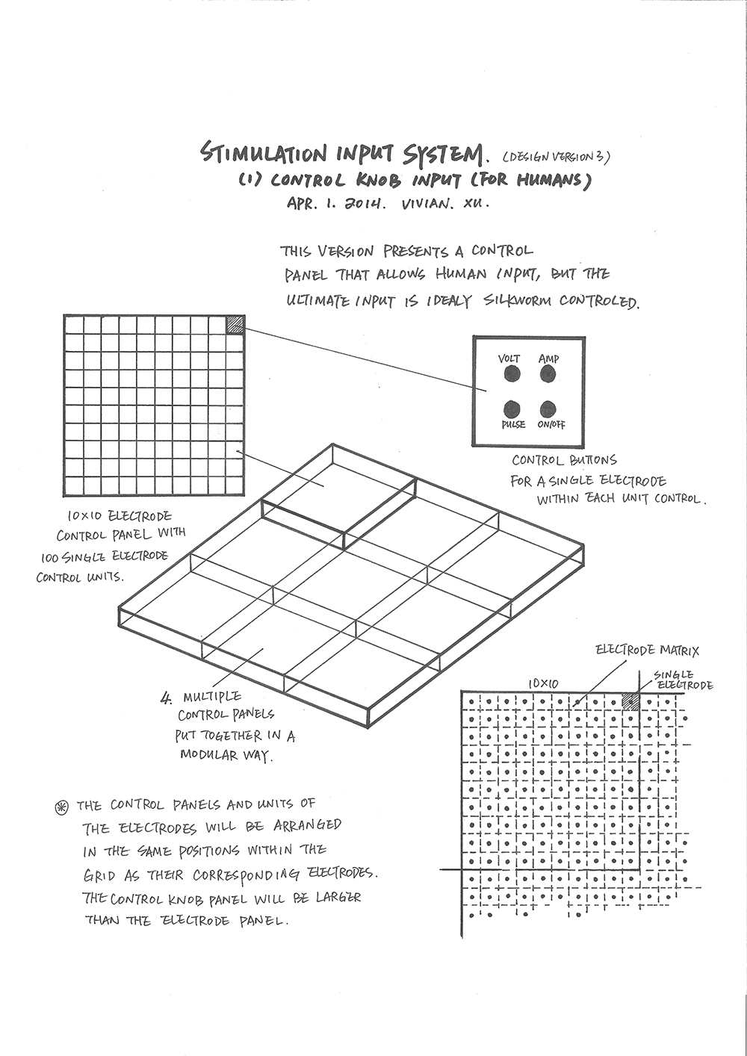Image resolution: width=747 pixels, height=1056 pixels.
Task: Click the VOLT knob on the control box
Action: pyautogui.click(x=512, y=373)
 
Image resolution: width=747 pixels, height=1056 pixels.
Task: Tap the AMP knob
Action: pyautogui.click(x=548, y=373)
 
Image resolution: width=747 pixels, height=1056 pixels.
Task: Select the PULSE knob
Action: pyautogui.click(x=512, y=409)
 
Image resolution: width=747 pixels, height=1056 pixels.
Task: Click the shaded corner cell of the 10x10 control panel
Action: pyautogui.click(x=235, y=323)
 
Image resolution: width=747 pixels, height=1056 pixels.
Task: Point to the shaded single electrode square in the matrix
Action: pyautogui.click(x=631, y=701)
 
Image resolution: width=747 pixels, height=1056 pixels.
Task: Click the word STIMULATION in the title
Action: pyautogui.click(x=264, y=154)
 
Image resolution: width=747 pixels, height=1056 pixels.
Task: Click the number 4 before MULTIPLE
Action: pyautogui.click(x=166, y=699)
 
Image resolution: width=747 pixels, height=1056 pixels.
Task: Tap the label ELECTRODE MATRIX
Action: pyautogui.click(x=647, y=650)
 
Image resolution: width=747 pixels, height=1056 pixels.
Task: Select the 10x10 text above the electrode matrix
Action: pyautogui.click(x=543, y=683)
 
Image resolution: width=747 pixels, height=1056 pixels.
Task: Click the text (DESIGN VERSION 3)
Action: pyautogui.click(x=557, y=158)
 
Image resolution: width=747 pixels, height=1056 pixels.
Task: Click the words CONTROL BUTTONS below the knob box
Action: pyautogui.click(x=564, y=461)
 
